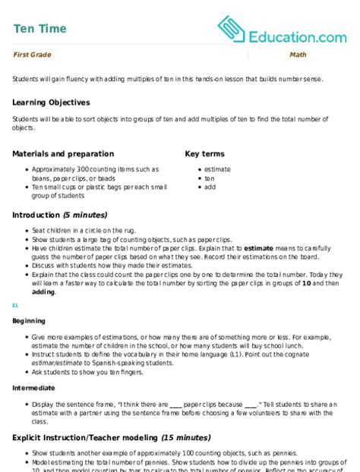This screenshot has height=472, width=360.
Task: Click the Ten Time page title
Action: (39, 29)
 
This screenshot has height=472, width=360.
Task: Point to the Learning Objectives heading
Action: (51, 102)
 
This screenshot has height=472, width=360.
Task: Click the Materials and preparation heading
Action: (63, 153)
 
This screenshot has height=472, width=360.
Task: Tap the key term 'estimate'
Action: (217, 170)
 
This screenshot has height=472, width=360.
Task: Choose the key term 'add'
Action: (210, 186)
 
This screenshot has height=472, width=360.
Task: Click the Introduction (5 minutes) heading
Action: (60, 215)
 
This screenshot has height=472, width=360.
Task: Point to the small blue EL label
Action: (15, 305)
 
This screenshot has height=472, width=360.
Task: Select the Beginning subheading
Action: (29, 322)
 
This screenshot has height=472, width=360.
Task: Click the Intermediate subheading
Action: (33, 387)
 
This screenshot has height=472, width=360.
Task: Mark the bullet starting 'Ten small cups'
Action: (91, 186)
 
